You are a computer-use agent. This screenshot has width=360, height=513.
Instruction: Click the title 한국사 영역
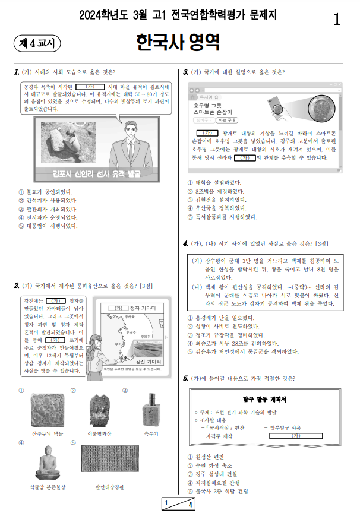[178, 43]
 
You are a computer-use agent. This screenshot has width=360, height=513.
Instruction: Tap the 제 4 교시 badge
[37, 43]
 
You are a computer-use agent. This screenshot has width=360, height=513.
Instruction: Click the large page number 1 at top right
[337, 20]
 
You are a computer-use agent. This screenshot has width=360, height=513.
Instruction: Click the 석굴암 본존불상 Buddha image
[49, 462]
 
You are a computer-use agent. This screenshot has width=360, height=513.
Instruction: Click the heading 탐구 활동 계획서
[262, 398]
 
